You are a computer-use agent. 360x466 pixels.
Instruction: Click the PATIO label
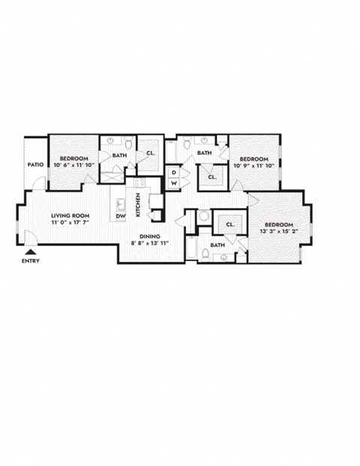coord(34,165)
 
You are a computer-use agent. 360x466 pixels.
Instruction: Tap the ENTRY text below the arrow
coord(31,260)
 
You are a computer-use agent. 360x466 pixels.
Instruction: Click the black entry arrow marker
coord(31,251)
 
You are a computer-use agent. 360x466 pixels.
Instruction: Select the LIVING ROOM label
coord(70,215)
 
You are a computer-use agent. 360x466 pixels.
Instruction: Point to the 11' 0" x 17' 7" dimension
coord(70,222)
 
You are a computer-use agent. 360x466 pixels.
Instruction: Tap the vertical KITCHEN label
coord(137,206)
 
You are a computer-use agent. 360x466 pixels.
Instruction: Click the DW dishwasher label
coord(120,217)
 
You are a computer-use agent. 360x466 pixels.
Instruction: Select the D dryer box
coord(173,173)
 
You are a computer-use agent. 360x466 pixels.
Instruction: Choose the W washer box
coord(173,183)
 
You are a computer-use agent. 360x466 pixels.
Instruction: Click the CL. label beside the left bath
coord(151,155)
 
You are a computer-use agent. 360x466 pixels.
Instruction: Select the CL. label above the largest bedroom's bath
coord(230,224)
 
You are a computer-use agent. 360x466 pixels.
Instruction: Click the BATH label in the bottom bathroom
coord(218,245)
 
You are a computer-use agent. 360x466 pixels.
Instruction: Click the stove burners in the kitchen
coord(139,182)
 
